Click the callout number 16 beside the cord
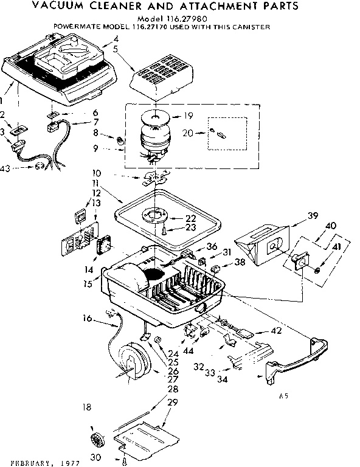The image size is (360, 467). [88, 318]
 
